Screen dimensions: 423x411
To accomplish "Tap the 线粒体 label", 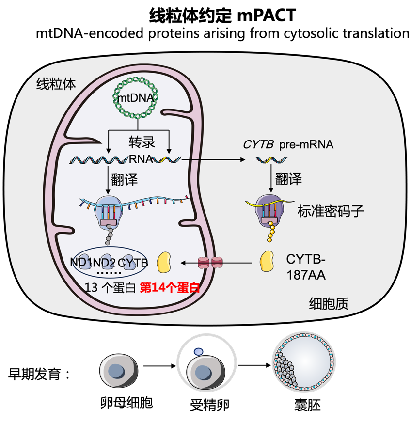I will click(x=56, y=84).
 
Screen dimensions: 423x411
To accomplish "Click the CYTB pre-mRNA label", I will click(x=288, y=144).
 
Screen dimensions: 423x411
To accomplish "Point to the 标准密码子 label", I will click(x=330, y=211).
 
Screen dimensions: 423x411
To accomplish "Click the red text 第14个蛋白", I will click(x=170, y=287).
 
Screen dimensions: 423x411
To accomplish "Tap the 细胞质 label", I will click(x=329, y=304).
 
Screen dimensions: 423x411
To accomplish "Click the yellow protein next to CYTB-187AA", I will click(x=267, y=262).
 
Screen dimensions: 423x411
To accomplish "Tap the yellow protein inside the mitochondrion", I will click(x=164, y=262).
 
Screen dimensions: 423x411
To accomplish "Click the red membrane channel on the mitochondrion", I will click(x=209, y=263).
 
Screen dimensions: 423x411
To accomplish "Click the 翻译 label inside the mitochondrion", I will click(x=124, y=180).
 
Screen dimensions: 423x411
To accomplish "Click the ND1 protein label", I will click(x=81, y=263).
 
